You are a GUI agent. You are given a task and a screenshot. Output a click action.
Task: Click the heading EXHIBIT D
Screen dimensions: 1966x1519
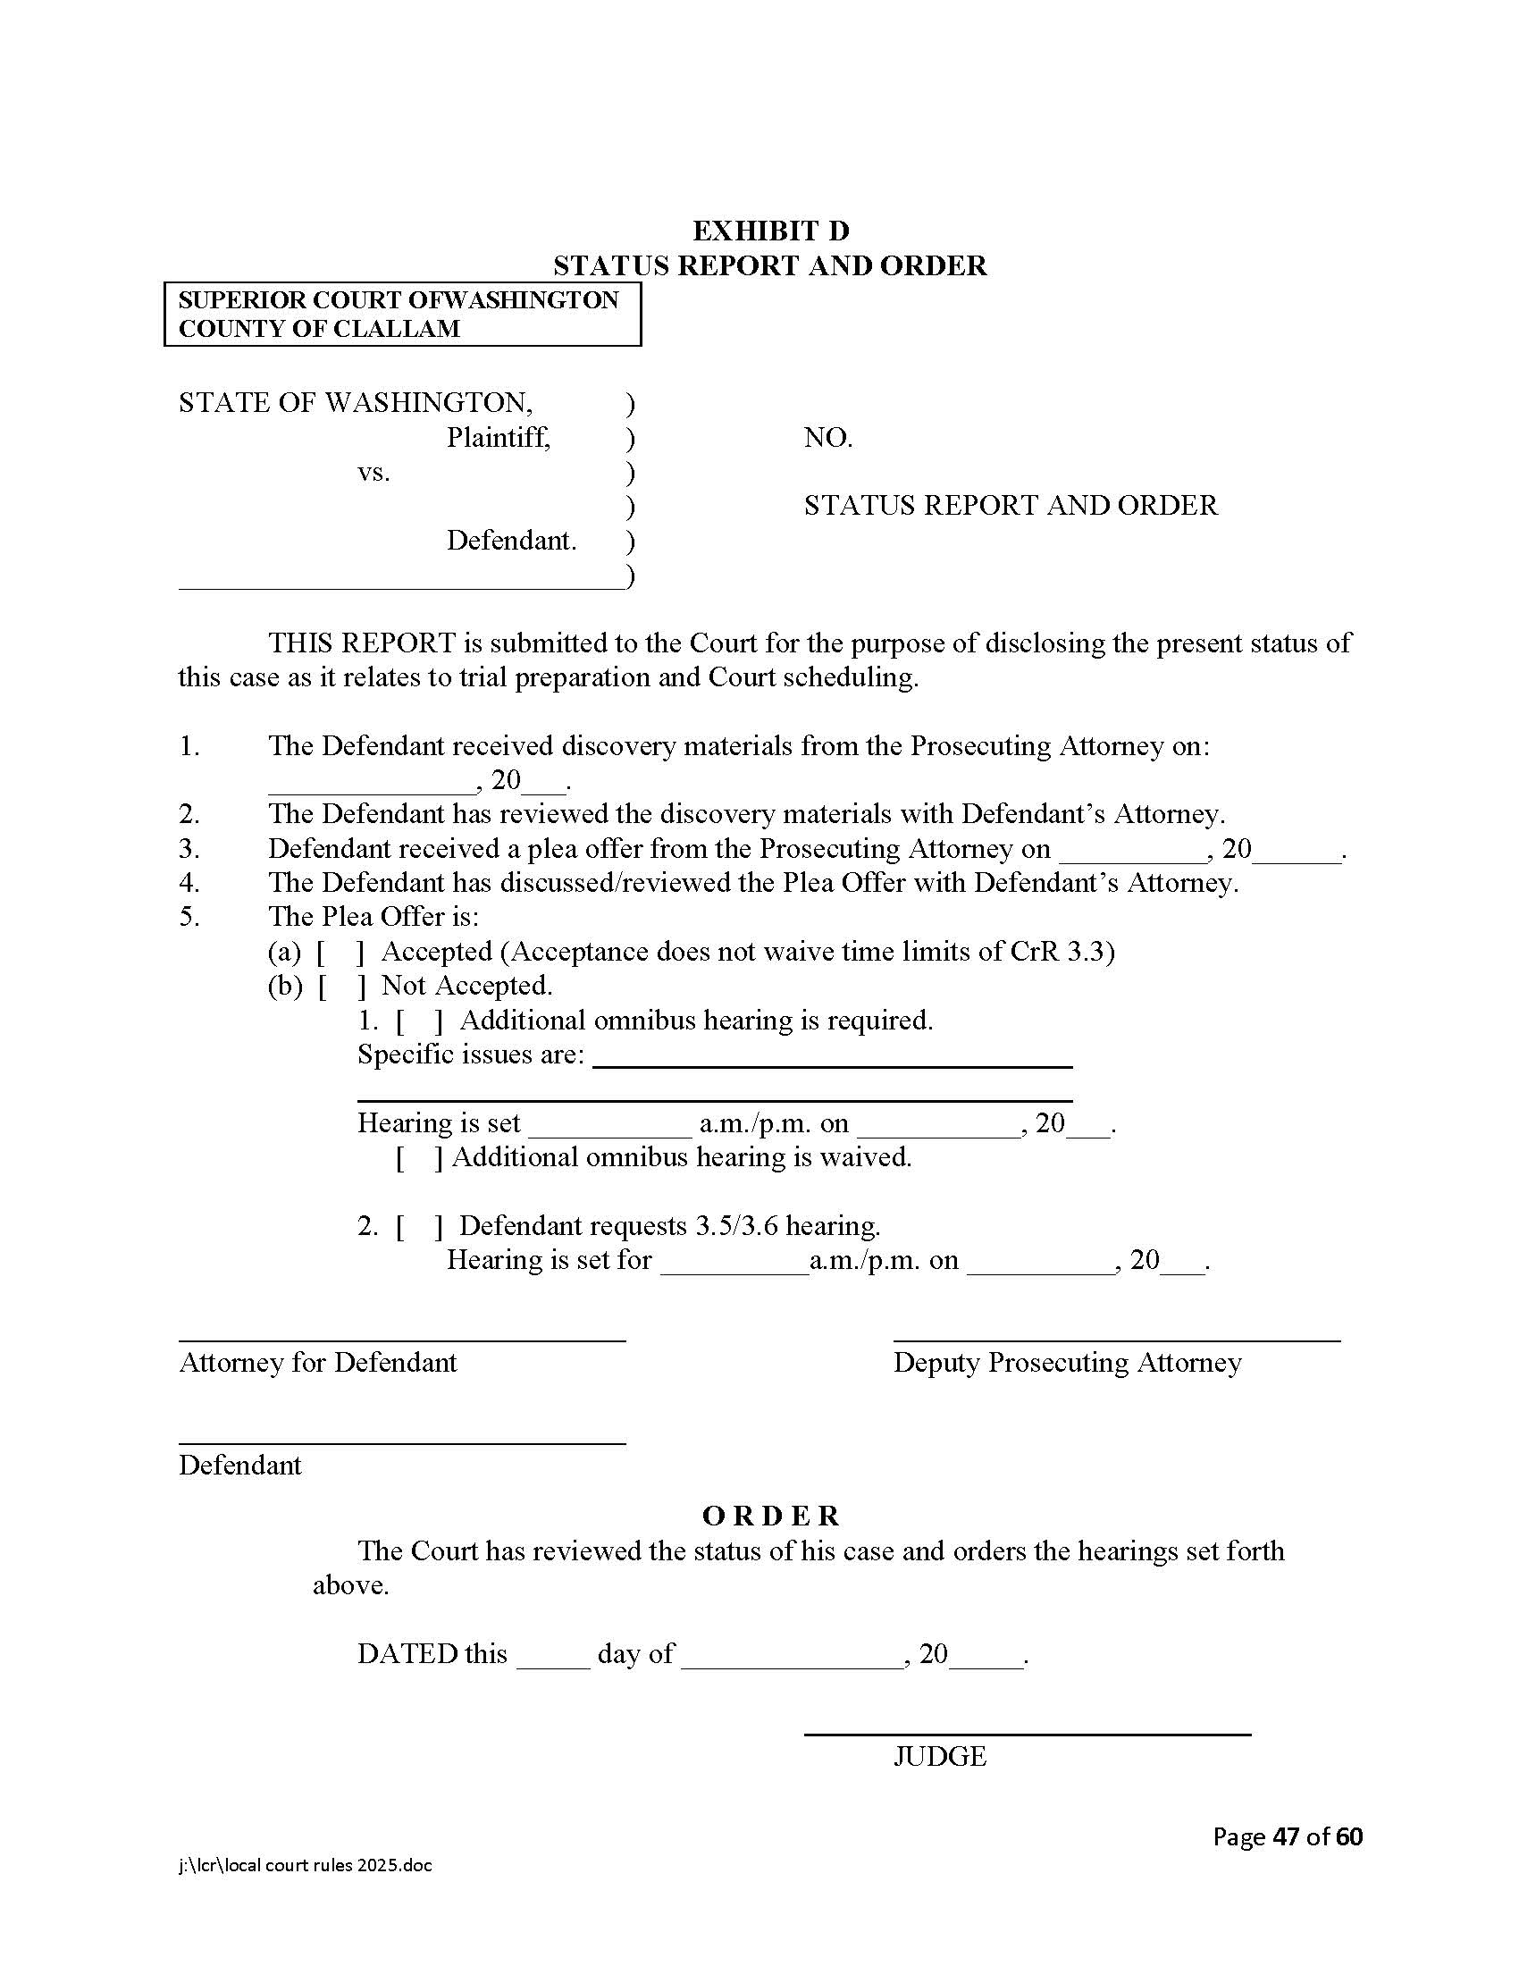(770, 231)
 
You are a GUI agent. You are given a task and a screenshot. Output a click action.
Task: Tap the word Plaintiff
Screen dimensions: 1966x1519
(498, 438)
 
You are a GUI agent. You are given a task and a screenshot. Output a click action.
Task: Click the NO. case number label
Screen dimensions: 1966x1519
(828, 439)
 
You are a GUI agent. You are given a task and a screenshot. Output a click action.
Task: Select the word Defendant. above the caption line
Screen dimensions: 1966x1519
(511, 541)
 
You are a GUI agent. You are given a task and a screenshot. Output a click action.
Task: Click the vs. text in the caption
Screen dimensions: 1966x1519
(373, 472)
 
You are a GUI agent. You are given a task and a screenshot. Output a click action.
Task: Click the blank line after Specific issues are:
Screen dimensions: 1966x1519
(833, 1063)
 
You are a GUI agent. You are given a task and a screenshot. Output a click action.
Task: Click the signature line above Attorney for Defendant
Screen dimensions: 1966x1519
(401, 1340)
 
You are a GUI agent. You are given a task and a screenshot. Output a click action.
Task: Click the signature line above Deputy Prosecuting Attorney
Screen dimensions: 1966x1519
(1116, 1340)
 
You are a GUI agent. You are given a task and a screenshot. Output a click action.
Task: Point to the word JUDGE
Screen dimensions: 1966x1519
(939, 1756)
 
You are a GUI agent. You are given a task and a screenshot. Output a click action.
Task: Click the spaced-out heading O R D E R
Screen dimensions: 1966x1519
(770, 1516)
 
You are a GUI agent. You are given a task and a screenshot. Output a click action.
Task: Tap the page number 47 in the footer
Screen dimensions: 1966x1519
(1286, 1836)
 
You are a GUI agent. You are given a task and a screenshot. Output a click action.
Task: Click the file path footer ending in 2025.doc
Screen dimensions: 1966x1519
(305, 1865)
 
